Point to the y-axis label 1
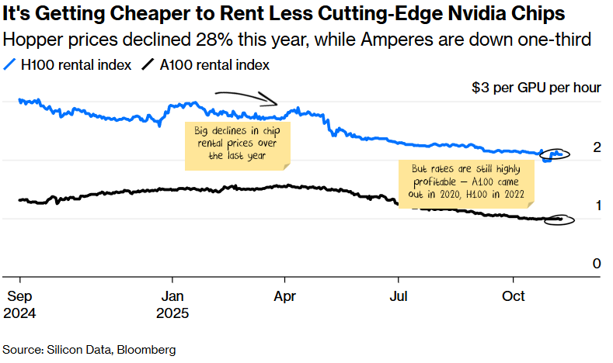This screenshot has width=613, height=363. click(597, 206)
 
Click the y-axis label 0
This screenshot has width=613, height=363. click(597, 264)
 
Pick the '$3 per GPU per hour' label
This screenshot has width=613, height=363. click(536, 88)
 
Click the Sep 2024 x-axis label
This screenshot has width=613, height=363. click(20, 305)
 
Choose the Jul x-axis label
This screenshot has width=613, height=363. click(399, 296)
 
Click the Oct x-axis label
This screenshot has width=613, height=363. click(513, 296)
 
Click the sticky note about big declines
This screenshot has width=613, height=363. click(237, 144)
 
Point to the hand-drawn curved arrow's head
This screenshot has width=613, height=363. click(275, 102)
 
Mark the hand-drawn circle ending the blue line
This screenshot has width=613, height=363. click(556, 154)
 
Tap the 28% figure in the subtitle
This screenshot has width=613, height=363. click(176, 39)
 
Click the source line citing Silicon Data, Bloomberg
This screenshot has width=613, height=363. click(89, 350)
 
